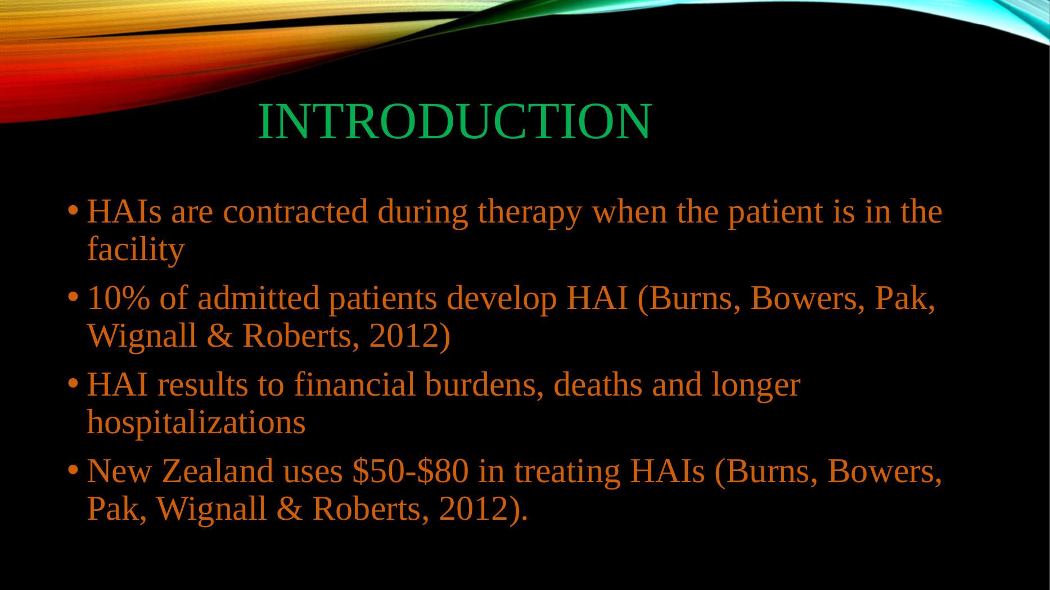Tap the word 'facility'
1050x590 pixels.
[136, 251]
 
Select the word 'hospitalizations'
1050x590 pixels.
[196, 424]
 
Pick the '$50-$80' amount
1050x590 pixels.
[410, 471]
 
